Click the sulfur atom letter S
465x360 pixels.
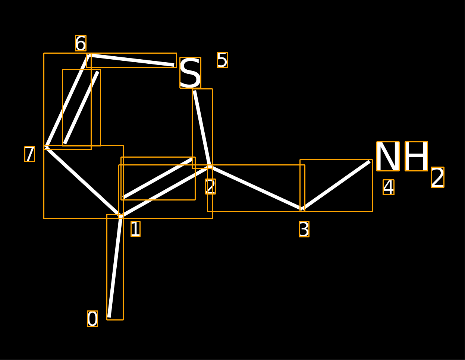190,73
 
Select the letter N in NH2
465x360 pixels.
388,156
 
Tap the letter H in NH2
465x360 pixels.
416,156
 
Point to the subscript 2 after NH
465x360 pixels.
438,177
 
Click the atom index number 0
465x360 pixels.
92,319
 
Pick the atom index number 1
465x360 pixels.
135,229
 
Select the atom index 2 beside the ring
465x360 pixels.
210,186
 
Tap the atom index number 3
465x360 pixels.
304,229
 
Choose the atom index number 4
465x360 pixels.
389,187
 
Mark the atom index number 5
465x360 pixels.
222,60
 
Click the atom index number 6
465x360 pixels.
81,43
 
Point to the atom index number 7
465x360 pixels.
30,154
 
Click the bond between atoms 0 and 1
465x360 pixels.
115,267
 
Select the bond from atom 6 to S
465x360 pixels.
131,60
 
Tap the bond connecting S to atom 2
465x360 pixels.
202,129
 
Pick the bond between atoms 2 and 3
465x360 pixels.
256,188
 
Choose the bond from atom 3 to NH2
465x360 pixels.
336,185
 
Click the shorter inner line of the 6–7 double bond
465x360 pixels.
81,108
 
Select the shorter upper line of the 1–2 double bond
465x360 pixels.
158,178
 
